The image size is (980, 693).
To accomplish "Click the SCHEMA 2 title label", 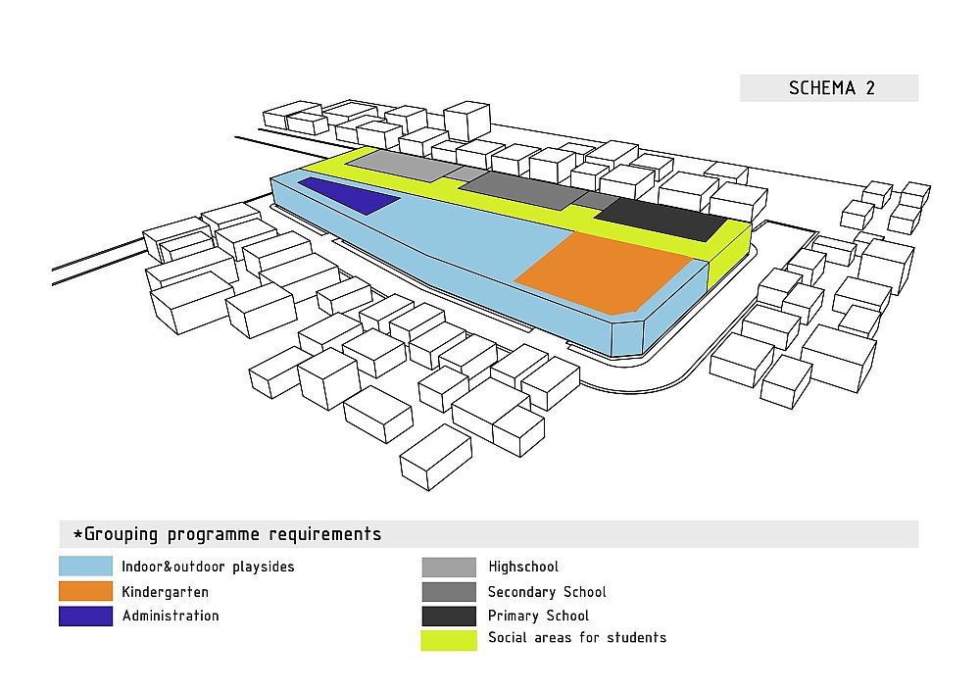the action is click(831, 88).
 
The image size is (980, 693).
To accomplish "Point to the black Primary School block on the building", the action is click(662, 219).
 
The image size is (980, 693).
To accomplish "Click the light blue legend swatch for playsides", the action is click(85, 567).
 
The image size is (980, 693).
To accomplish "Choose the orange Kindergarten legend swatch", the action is click(85, 591).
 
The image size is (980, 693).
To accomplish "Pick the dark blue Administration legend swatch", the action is click(85, 617).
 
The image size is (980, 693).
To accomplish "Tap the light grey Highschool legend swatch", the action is click(449, 567).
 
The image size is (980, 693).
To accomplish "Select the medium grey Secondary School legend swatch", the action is click(449, 592).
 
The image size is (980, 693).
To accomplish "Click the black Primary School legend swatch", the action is click(449, 617).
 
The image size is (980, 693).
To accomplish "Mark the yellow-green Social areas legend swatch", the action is click(449, 640).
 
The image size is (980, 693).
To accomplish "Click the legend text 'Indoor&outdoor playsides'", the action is click(208, 567).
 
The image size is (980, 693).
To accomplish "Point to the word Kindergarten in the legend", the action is click(165, 592).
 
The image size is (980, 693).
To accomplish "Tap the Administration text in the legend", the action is click(171, 616).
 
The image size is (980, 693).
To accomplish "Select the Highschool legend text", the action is click(523, 567).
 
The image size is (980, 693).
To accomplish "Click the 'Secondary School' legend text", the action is click(547, 592).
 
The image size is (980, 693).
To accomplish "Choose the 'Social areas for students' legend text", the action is click(577, 637).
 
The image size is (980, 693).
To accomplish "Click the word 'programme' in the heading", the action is click(213, 535).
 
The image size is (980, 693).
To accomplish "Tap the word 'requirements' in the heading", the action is click(325, 534).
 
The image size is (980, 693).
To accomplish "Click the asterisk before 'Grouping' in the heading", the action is click(78, 534).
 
